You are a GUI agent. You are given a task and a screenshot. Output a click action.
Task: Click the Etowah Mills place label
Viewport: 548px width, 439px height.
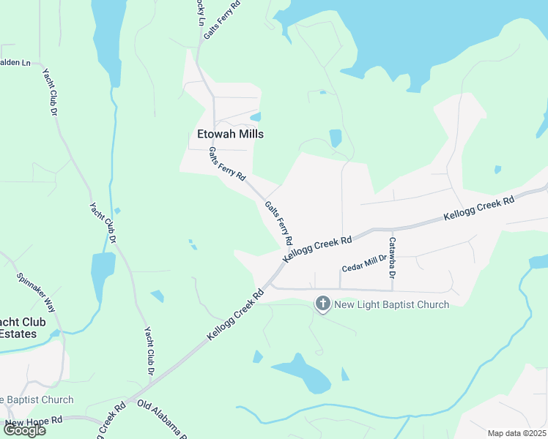click(x=230, y=134)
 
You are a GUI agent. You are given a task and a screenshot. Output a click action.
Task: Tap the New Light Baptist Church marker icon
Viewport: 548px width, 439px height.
click(x=322, y=304)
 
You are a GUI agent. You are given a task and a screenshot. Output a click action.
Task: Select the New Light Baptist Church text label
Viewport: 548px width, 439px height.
click(x=391, y=304)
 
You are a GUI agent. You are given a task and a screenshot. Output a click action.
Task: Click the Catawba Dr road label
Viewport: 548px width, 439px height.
click(x=393, y=258)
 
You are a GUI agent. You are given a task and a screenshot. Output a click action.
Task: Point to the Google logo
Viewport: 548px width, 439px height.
click(x=24, y=429)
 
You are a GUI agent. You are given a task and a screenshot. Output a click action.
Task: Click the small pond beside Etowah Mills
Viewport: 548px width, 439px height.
click(x=256, y=116)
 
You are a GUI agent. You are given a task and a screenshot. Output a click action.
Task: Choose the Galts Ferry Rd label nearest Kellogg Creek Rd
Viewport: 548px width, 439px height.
click(x=279, y=223)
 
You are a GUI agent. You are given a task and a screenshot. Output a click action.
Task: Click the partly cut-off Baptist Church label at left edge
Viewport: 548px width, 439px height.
click(x=37, y=399)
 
